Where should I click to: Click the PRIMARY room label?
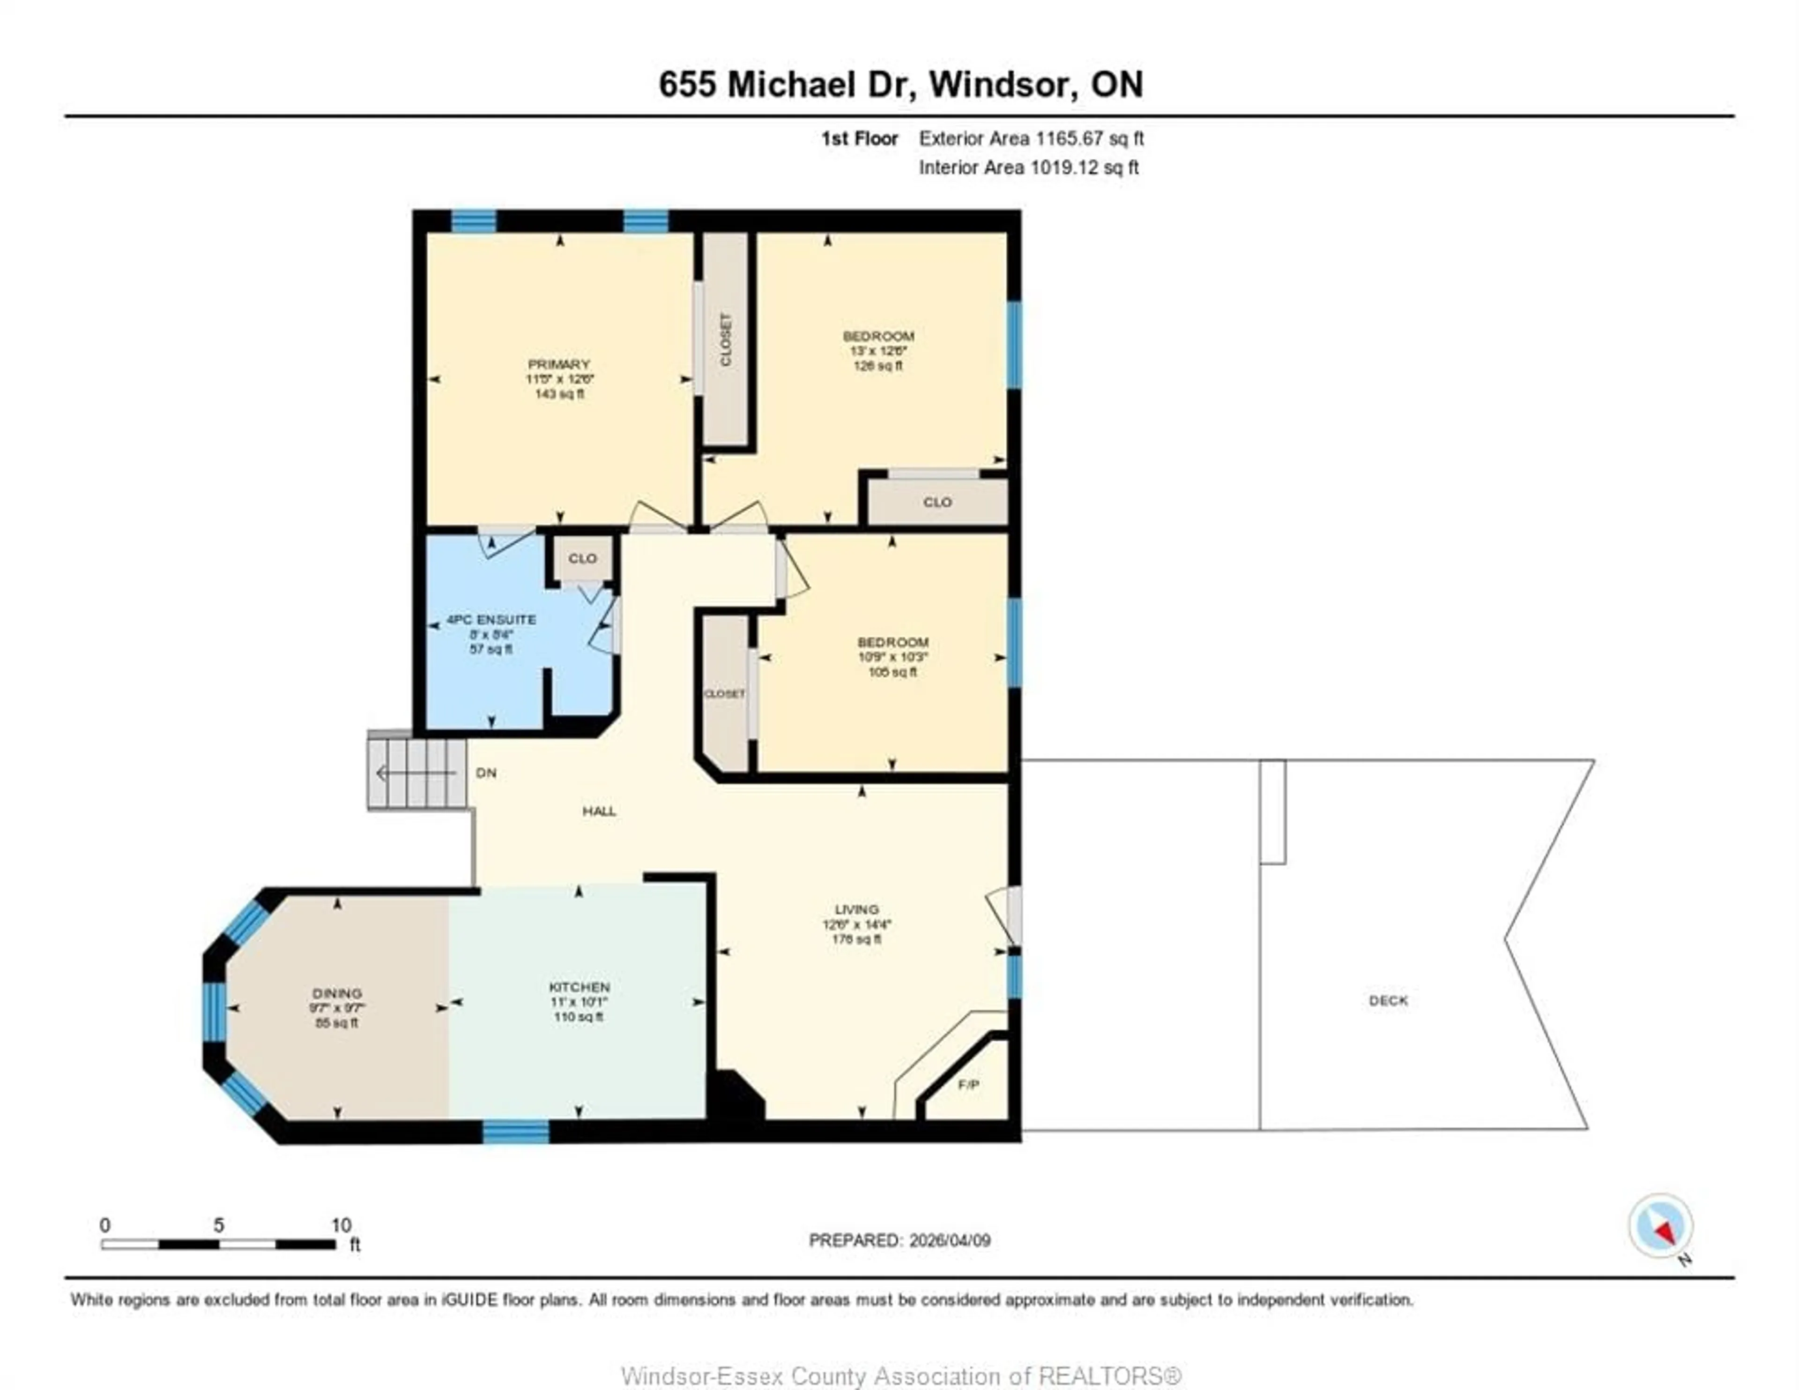559,364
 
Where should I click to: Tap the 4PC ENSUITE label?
491,619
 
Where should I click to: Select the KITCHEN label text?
579,986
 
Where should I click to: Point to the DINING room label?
337,993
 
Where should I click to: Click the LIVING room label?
857,909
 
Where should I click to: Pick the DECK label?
1388,1000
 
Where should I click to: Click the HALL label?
599,811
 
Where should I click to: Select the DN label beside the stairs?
486,773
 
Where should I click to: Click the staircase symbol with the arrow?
417,773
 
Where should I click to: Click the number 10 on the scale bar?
341,1225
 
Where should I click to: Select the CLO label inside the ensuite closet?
582,558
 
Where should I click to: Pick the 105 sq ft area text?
892,671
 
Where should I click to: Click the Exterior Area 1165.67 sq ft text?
1031,138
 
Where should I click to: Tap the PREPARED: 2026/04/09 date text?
899,1240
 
